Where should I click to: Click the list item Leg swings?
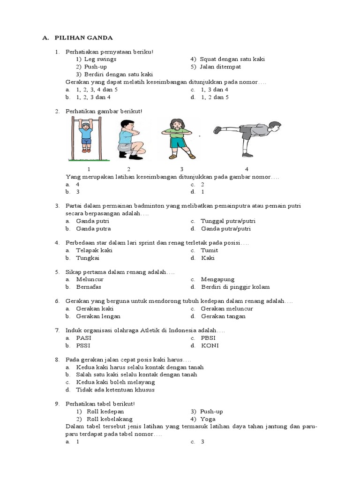pos(100,60)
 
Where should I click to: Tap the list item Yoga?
pos(208,419)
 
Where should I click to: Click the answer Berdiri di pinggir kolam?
pos(235,287)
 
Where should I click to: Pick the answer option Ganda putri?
pos(92,221)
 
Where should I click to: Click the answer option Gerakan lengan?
pos(95,316)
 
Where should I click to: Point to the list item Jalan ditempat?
pos(219,67)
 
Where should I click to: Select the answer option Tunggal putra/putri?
pos(228,221)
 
